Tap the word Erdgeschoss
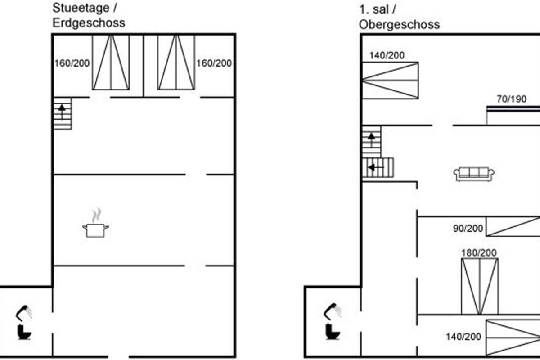[89, 23]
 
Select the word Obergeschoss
[399, 25]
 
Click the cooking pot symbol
[95, 230]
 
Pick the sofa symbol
[474, 174]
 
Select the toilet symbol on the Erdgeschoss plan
[24, 332]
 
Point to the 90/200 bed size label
[468, 229]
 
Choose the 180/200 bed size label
[479, 253]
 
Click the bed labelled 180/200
[480, 286]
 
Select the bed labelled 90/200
[513, 226]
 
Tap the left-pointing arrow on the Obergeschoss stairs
[374, 168]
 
